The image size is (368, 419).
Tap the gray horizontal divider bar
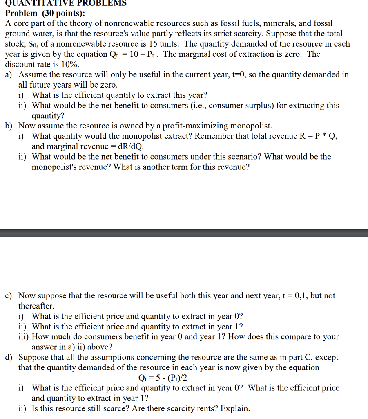184,232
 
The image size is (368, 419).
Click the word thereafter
36,306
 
